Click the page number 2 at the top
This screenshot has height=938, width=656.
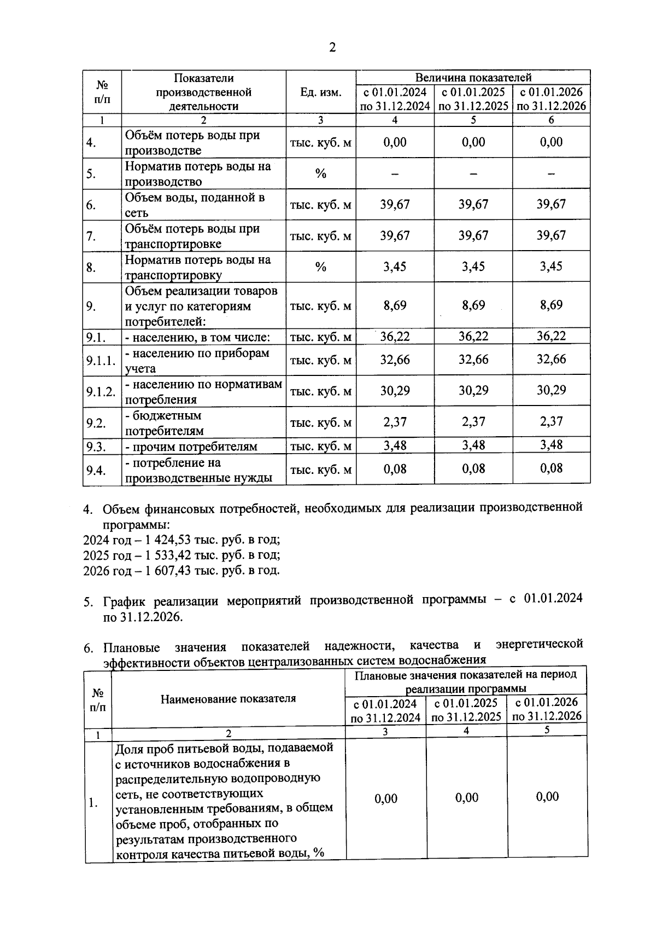tap(332, 48)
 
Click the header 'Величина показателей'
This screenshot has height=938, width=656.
tap(473, 77)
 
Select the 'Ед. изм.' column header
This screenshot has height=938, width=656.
tap(320, 92)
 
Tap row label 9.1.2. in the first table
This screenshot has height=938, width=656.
tap(101, 391)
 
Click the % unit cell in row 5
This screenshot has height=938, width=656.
tap(320, 174)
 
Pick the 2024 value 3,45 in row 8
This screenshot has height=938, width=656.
tap(395, 267)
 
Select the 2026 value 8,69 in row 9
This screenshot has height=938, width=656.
tap(551, 305)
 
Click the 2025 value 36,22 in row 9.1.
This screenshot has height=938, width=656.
tap(473, 336)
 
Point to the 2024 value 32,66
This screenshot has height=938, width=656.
tap(395, 360)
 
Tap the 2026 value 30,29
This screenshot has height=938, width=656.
tap(551, 390)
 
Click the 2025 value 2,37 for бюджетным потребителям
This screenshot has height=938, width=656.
tap(473, 421)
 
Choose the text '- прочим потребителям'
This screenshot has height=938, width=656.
tap(191, 447)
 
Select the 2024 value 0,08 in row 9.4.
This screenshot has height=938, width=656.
tap(395, 468)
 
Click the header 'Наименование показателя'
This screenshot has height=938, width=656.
tap(228, 699)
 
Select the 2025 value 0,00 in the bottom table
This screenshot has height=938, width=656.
tap(467, 798)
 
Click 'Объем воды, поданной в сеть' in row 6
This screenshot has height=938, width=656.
tap(195, 205)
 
